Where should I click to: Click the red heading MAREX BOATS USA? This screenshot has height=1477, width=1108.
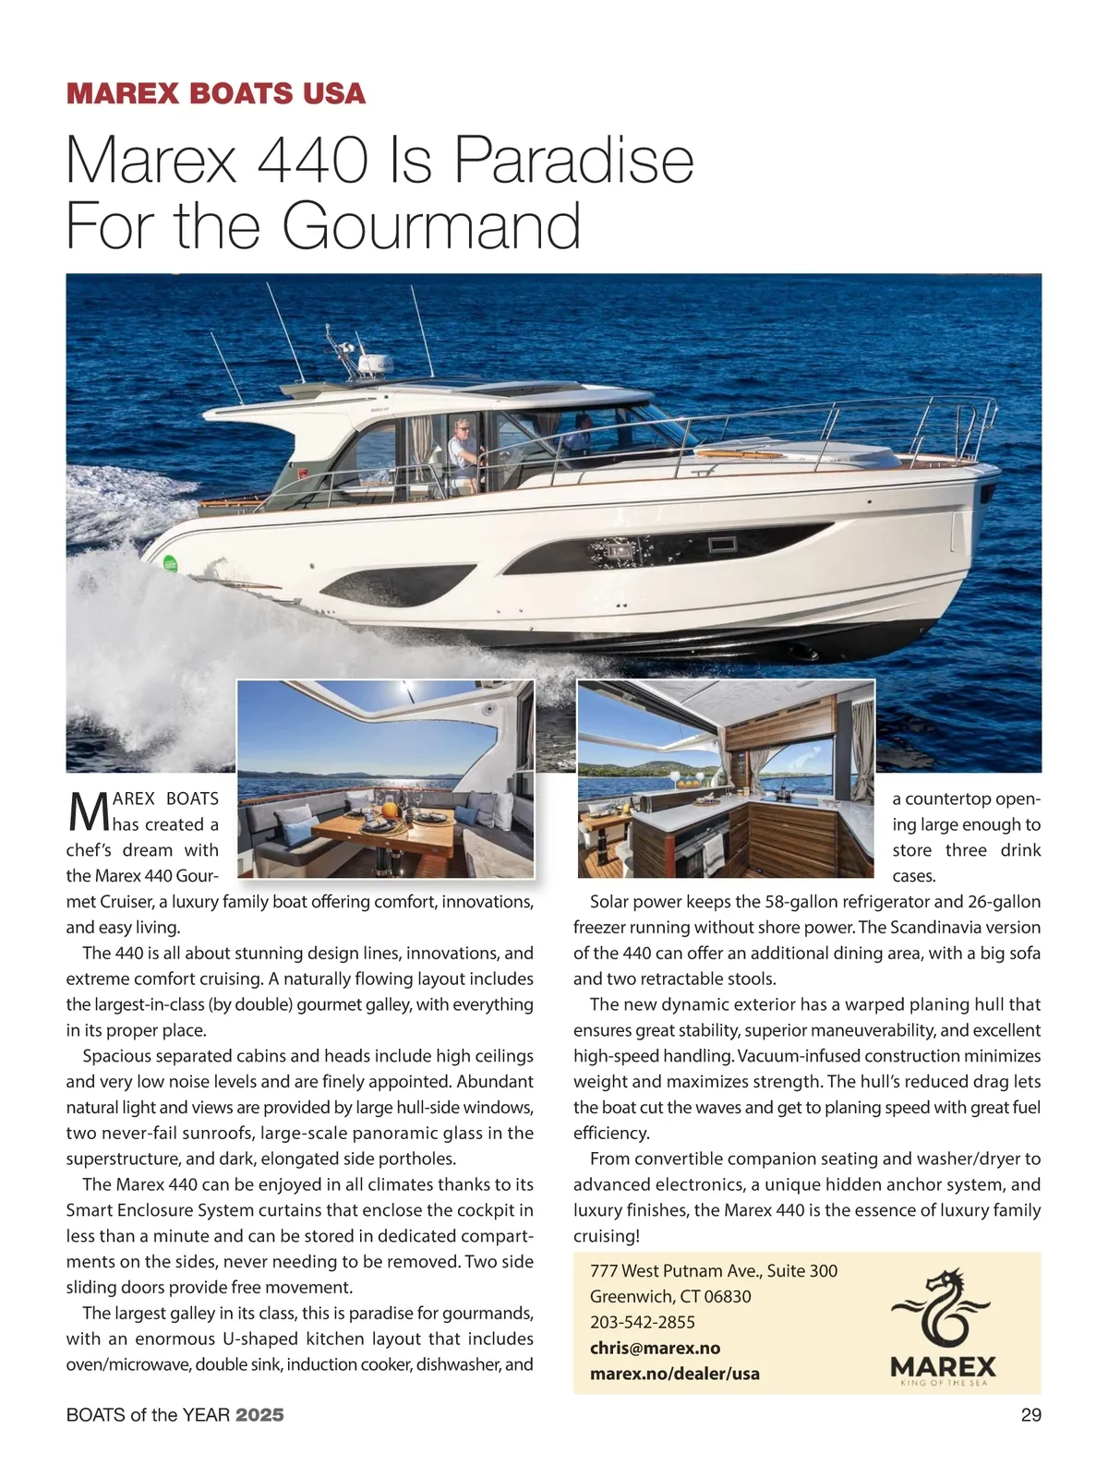(216, 93)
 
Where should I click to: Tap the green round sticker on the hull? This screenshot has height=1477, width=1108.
(170, 563)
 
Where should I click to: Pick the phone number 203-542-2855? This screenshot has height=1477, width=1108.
(643, 1322)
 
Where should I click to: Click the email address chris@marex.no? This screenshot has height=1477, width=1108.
(655, 1348)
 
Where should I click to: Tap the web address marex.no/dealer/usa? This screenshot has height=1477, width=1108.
(675, 1374)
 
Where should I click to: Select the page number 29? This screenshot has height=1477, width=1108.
(1030, 1414)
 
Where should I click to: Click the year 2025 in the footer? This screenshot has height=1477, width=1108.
(259, 1414)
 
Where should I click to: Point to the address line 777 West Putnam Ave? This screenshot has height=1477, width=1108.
(714, 1270)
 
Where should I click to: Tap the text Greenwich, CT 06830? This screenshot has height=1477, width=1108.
(670, 1296)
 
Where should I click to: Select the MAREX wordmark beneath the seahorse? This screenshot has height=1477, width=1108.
(944, 1366)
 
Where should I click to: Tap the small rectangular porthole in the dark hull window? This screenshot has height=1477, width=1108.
(718, 546)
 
